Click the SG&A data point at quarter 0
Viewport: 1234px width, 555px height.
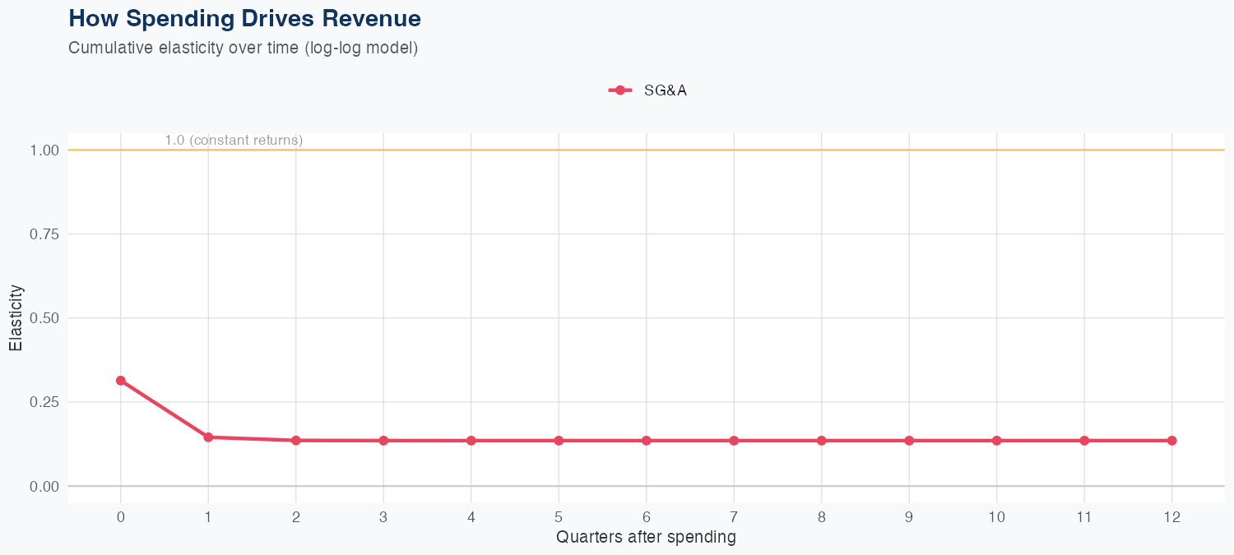coord(121,381)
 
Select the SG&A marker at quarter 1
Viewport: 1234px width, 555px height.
coord(208,437)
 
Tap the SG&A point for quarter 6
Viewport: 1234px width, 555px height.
coord(647,441)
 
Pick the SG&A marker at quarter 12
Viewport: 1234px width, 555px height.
coord(1171,441)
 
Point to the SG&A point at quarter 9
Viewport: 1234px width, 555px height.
coord(909,441)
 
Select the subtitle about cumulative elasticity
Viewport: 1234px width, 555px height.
coord(244,48)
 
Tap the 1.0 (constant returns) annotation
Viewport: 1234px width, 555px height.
coord(234,141)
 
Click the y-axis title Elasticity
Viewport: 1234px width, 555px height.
coord(16,318)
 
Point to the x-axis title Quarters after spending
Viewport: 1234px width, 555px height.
coord(646,538)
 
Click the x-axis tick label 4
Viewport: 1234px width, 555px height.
coord(471,517)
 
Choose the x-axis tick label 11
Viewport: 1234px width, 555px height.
coord(1084,517)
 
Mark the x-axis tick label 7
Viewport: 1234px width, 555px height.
coord(734,517)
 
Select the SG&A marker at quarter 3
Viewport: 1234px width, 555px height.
coord(383,441)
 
